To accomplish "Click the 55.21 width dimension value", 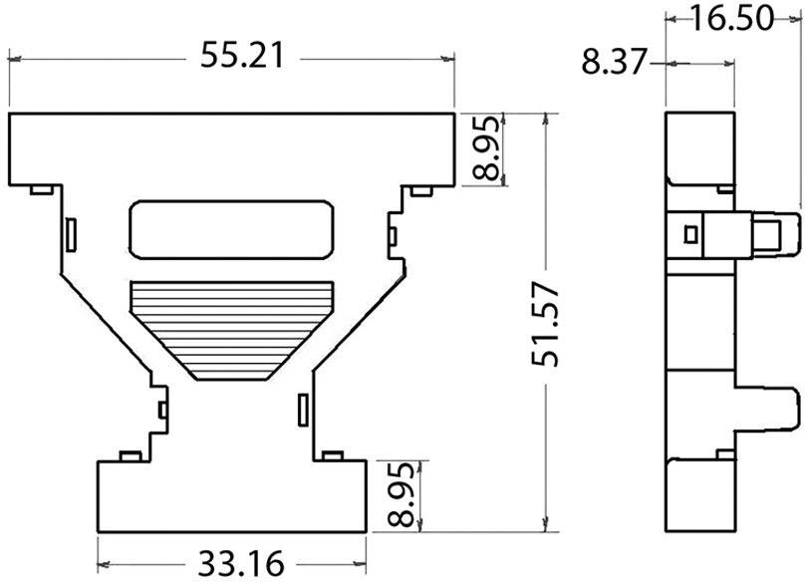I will pos(242,56).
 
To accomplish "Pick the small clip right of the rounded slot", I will pos(392,235).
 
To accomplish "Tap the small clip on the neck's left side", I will pos(161,410).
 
